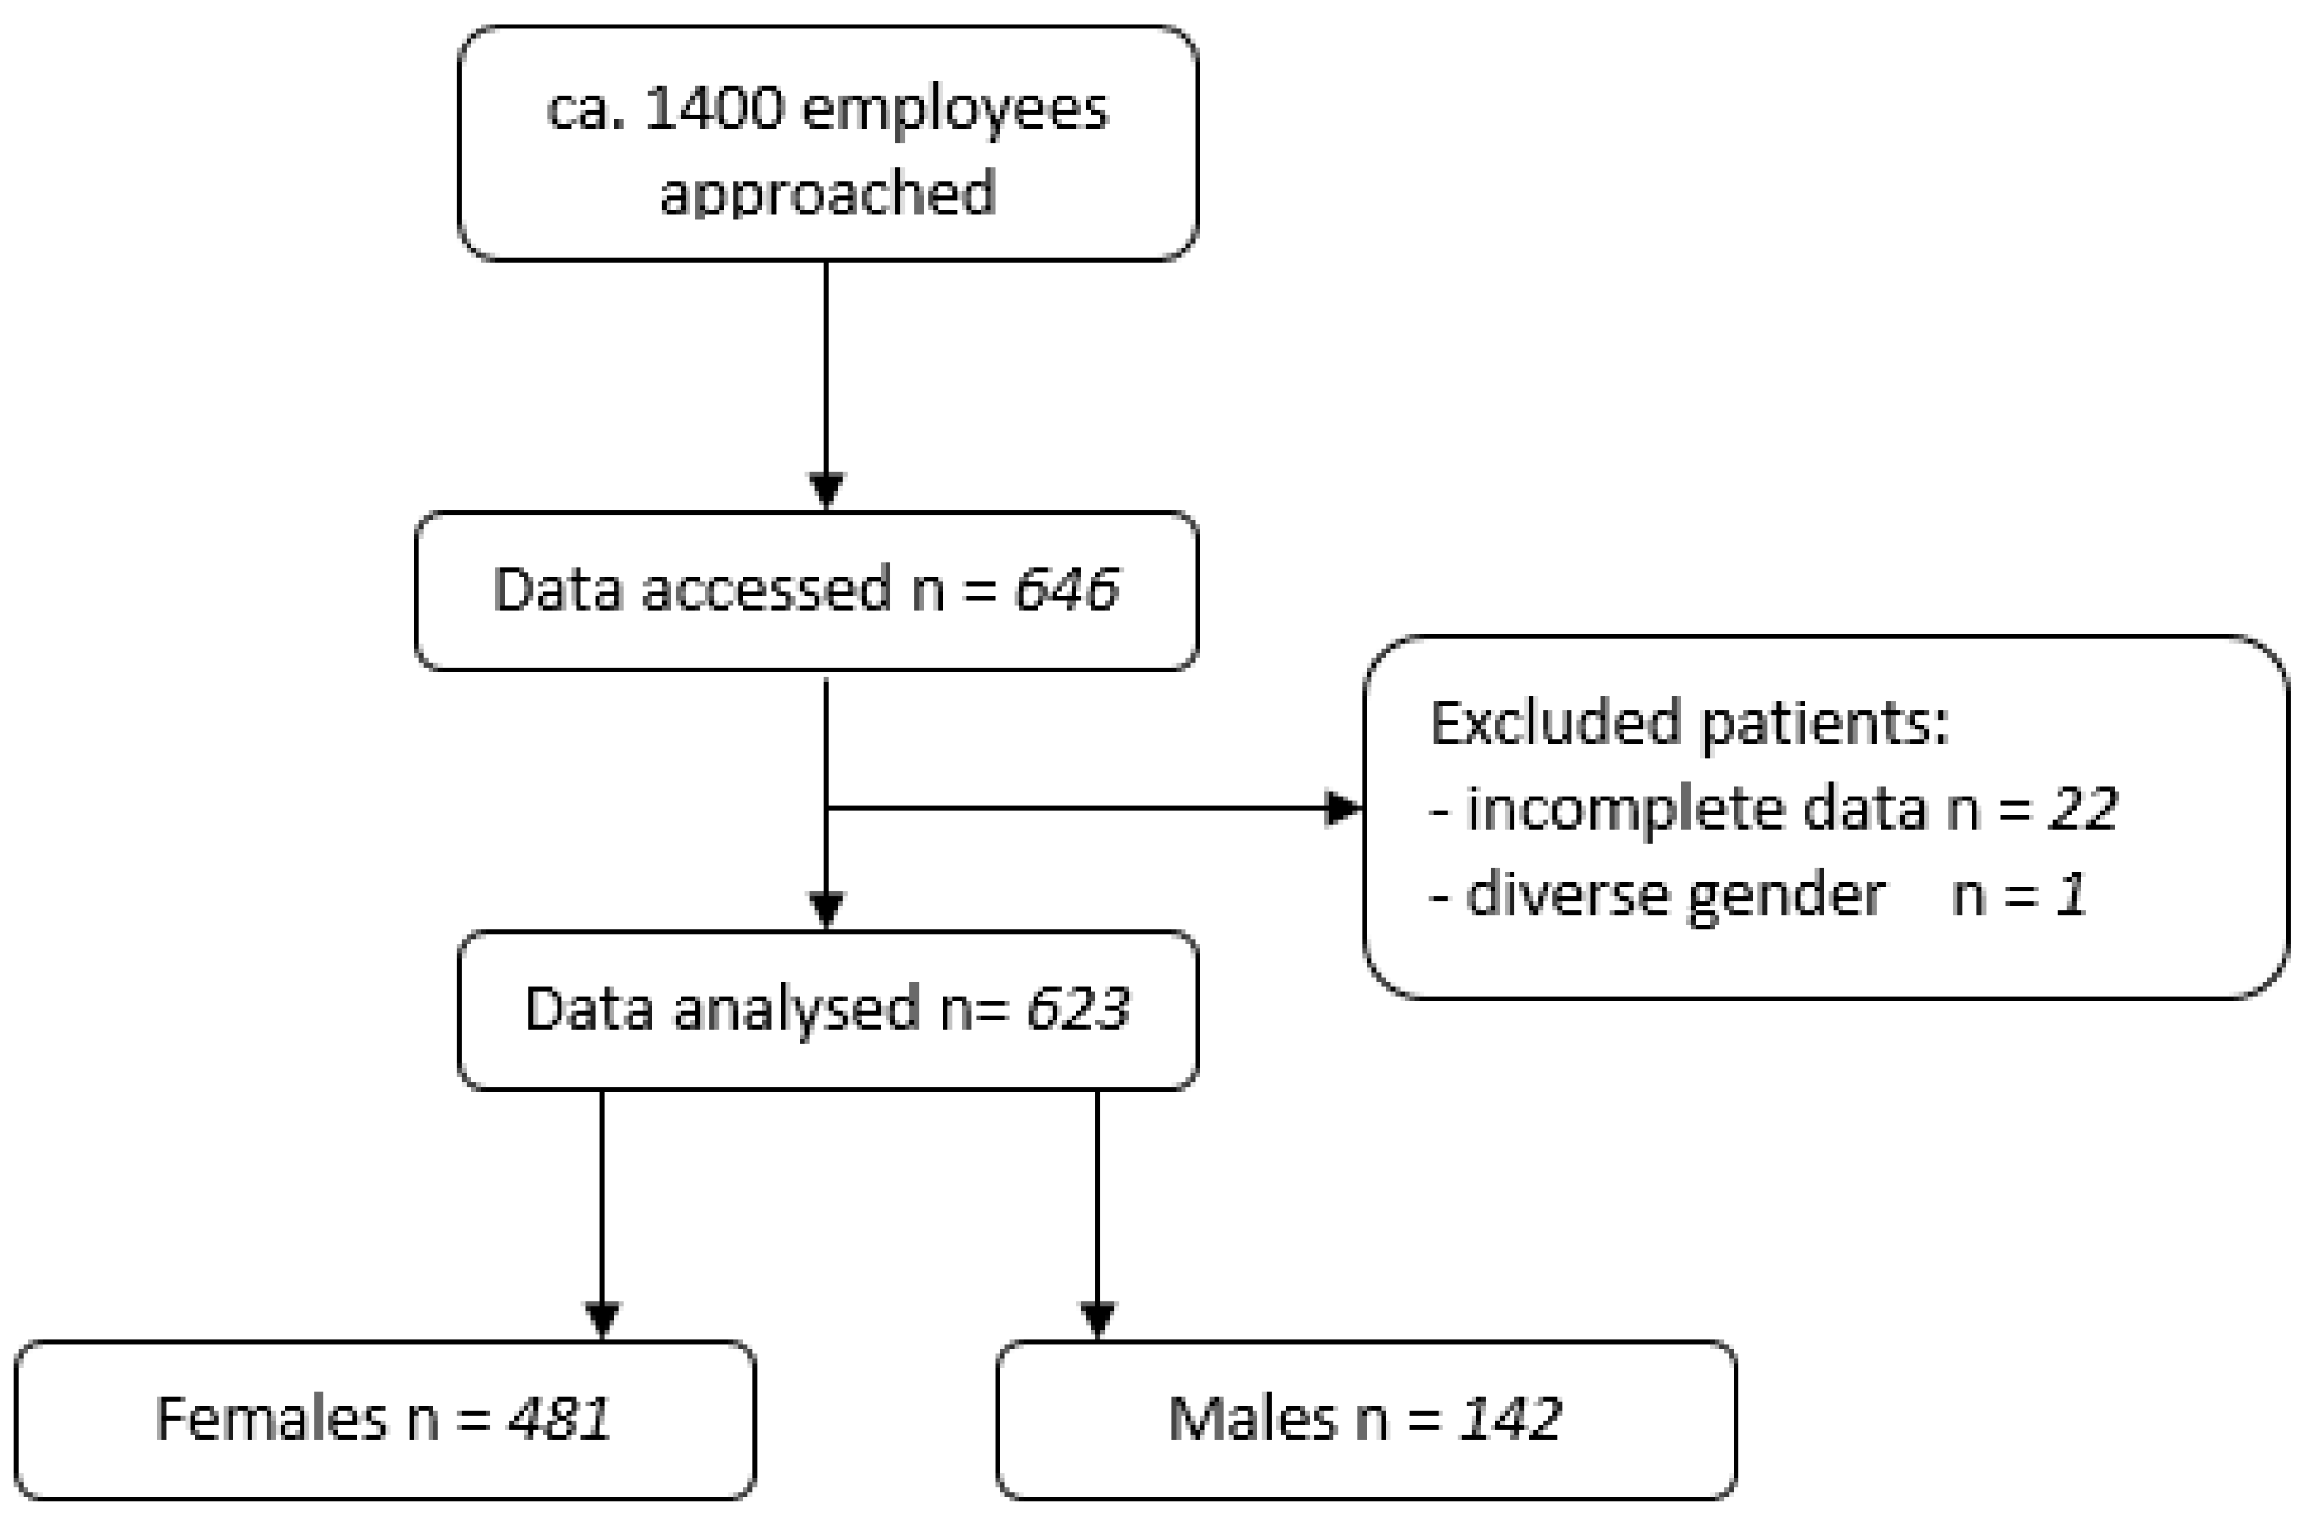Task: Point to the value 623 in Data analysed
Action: point(1077,1009)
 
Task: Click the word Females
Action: point(271,1419)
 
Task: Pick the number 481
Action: point(559,1419)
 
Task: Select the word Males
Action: point(1252,1419)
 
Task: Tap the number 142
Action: point(1510,1419)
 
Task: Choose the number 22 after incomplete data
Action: point(2082,809)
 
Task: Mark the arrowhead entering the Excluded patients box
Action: point(1344,808)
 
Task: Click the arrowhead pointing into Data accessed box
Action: point(826,489)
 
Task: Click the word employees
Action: point(955,109)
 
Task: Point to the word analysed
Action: point(796,1009)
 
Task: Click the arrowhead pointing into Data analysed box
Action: point(826,910)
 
